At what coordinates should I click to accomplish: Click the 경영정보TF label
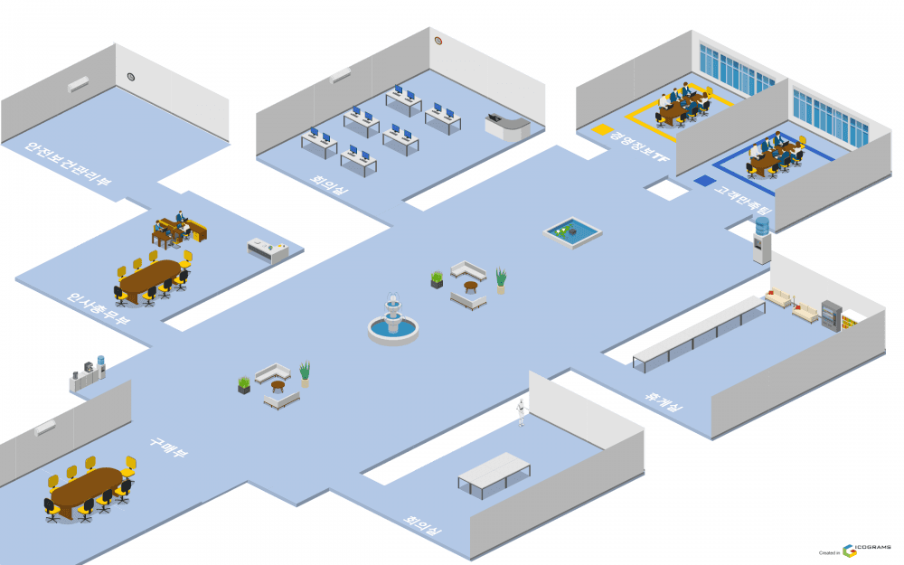tap(632, 147)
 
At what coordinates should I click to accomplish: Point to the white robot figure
tap(521, 412)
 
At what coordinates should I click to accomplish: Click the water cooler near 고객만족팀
tap(762, 240)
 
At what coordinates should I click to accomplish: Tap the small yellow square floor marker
tap(602, 130)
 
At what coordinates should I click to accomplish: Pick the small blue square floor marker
tap(704, 181)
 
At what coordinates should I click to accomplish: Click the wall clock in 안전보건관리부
tap(131, 78)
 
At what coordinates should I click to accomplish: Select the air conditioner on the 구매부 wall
tap(44, 428)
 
